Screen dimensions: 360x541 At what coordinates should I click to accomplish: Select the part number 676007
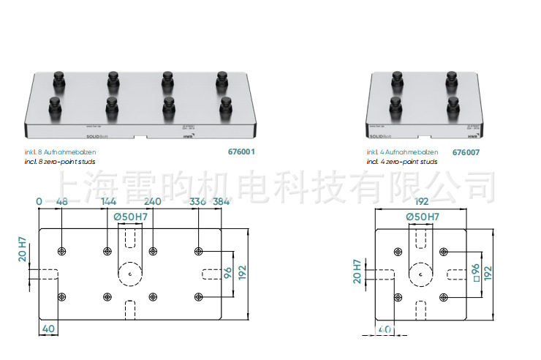point(466,153)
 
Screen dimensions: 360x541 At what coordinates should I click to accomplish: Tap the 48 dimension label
point(61,201)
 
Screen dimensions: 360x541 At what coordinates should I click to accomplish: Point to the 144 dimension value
point(108,201)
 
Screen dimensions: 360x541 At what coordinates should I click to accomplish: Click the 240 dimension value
point(153,201)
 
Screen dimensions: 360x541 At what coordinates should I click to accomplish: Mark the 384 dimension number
point(222,201)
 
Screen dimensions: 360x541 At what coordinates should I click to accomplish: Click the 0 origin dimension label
point(39,201)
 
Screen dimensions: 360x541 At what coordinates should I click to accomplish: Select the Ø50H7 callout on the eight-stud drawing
point(130,217)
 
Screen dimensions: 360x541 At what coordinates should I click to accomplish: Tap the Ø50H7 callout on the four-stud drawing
point(422,217)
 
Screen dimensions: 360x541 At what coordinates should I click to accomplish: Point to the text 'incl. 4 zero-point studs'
point(402,161)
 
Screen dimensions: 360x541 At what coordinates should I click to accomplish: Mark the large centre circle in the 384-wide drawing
point(129,273)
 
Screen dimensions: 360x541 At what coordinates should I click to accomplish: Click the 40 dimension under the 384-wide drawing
point(48,328)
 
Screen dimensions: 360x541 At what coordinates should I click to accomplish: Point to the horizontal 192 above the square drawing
point(422,201)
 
